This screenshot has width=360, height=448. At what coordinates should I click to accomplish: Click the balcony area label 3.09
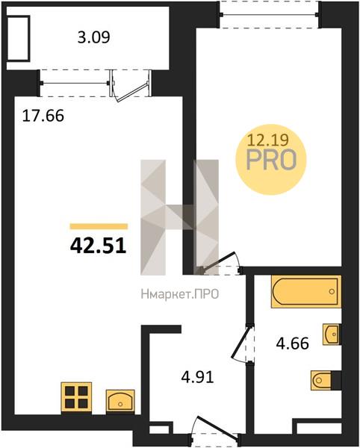click(x=93, y=37)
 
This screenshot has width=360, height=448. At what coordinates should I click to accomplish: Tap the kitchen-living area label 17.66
click(x=43, y=116)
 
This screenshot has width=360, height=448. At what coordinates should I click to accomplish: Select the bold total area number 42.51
click(x=98, y=246)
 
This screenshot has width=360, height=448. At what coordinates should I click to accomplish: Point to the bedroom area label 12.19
click(x=267, y=140)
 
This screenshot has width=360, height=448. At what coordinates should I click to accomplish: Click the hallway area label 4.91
click(x=197, y=377)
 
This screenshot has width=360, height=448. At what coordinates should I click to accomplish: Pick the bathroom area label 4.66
click(x=292, y=343)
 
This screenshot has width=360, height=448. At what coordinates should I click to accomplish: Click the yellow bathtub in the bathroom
click(x=306, y=291)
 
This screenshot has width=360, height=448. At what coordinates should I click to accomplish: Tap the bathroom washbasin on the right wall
click(x=332, y=334)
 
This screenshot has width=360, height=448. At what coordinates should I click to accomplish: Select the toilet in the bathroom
click(x=323, y=380)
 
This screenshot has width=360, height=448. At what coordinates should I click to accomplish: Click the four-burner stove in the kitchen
click(x=76, y=397)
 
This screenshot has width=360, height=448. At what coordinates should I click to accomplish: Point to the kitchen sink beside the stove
click(x=120, y=400)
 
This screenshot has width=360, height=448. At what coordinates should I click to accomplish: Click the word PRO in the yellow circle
click(x=271, y=160)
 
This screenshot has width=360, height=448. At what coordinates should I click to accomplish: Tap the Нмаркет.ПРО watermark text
click(x=180, y=293)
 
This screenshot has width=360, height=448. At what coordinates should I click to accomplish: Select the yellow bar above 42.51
click(x=99, y=226)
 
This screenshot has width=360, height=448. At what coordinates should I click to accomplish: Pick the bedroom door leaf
click(x=218, y=261)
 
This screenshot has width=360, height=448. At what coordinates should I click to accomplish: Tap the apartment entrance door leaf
click(x=218, y=427)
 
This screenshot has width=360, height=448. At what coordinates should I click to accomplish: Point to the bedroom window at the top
click(x=269, y=14)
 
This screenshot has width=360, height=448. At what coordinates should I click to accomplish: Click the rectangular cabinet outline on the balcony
click(x=19, y=38)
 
